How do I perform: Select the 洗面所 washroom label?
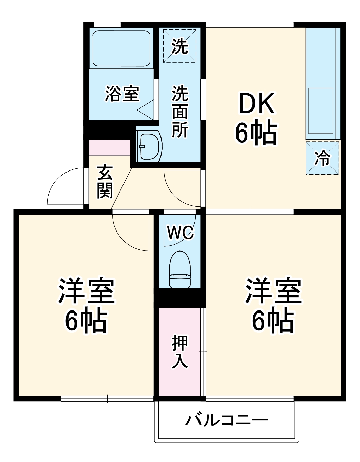[180, 112]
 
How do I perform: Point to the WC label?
[180, 233]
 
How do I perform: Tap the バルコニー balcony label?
[227, 420]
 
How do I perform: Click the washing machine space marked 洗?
[179, 46]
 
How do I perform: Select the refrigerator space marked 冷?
[322, 158]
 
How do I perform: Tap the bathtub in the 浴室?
[121, 48]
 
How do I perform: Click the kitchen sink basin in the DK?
[320, 111]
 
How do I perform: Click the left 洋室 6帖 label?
[86, 305]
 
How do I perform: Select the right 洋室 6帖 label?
[273, 305]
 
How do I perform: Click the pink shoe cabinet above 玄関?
[110, 147]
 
